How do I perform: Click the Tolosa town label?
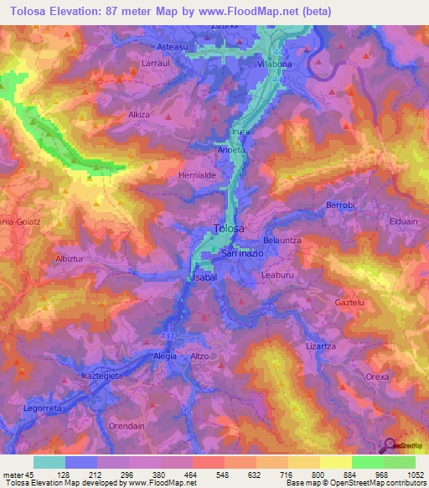click(x=229, y=228)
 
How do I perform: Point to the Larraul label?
click(x=157, y=63)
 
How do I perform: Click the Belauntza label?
click(x=282, y=240)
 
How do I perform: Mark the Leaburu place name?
click(x=278, y=273)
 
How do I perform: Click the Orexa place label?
click(x=378, y=376)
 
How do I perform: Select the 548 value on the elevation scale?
click(x=209, y=474)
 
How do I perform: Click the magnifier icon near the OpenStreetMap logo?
click(x=389, y=446)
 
